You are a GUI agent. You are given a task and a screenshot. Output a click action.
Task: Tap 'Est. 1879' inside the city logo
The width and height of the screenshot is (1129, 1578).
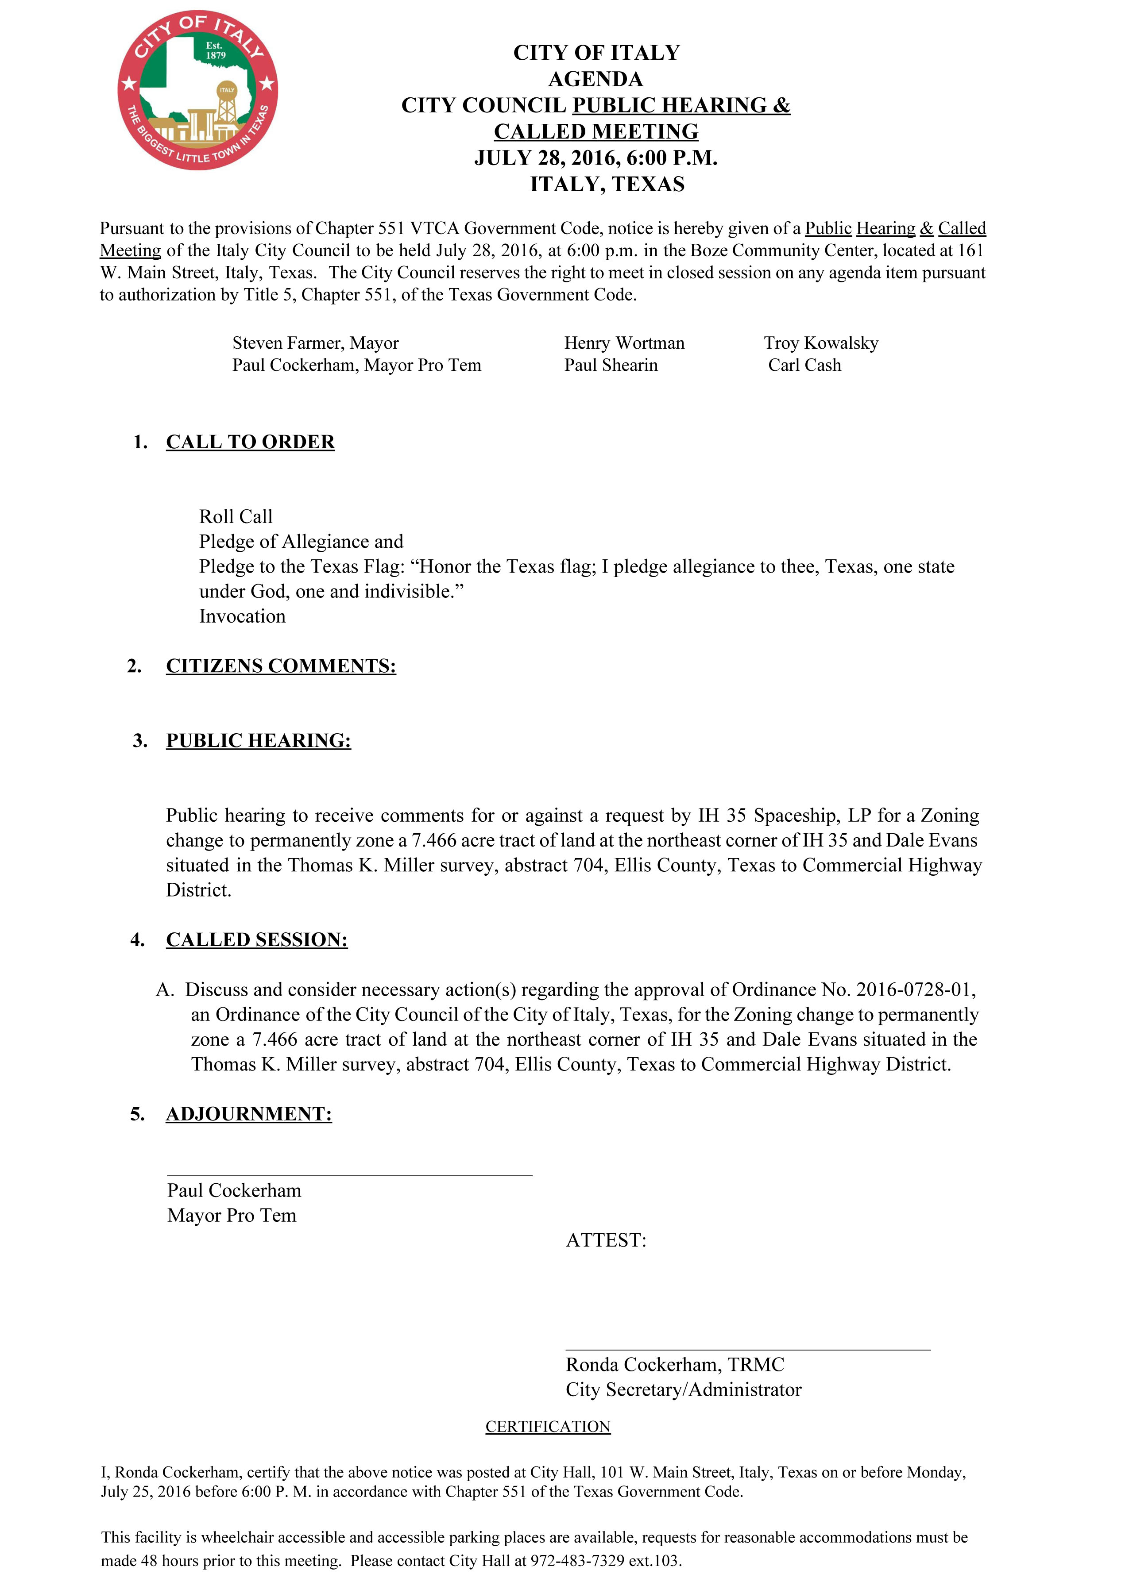click(x=215, y=50)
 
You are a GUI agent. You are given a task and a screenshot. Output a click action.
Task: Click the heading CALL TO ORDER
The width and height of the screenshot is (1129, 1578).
click(x=250, y=442)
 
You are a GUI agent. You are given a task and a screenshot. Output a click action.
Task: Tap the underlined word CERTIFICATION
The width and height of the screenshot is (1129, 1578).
click(x=548, y=1427)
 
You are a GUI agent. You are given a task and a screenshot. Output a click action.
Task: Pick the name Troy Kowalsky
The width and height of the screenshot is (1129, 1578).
click(x=821, y=343)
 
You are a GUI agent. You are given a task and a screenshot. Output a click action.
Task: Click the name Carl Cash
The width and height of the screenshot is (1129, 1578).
click(x=804, y=366)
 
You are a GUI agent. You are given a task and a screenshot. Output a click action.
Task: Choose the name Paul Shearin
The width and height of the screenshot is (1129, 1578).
click(x=611, y=366)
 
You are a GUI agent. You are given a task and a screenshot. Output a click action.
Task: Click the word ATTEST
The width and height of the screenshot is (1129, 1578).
click(x=606, y=1240)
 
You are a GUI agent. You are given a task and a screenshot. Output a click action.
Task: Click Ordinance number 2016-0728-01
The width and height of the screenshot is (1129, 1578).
click(x=915, y=989)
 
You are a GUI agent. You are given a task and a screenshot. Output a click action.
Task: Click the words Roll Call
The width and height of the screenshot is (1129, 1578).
click(x=236, y=517)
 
